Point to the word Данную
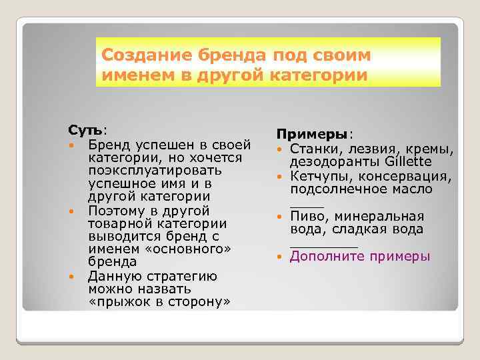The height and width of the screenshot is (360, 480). click(x=111, y=276)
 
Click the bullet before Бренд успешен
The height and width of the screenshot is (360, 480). click(x=71, y=145)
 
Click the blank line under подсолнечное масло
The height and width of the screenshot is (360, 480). click(x=307, y=207)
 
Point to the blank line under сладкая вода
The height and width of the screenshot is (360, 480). click(x=323, y=247)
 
